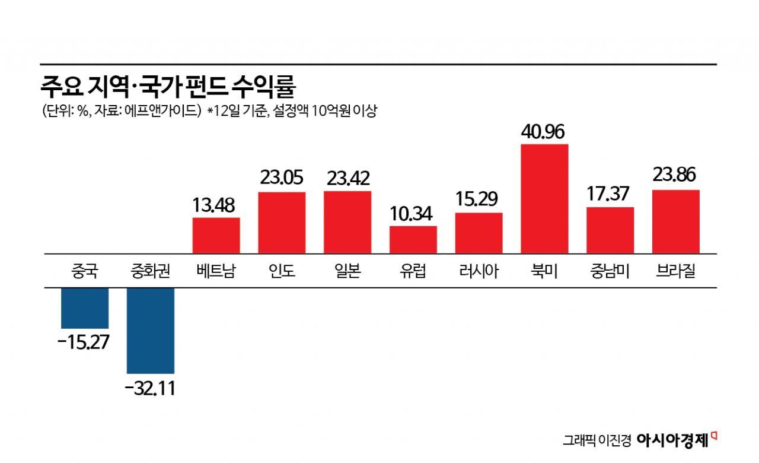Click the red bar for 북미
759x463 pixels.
pyautogui.click(x=544, y=199)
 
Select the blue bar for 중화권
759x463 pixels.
pyautogui.click(x=151, y=330)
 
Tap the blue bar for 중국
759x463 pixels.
pyautogui.click(x=85, y=308)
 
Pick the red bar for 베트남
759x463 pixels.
pyautogui.click(x=216, y=236)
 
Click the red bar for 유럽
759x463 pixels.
pyautogui.click(x=413, y=240)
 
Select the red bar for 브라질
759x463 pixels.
pyautogui.click(x=676, y=222)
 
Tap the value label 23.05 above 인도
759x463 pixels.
pyautogui.click(x=282, y=178)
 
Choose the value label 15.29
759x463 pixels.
pyautogui.click(x=479, y=199)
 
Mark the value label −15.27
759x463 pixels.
pyautogui.click(x=85, y=343)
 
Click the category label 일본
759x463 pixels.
pyautogui.click(x=347, y=272)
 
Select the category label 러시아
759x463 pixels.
pyautogui.click(x=479, y=272)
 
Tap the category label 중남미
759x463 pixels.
pyautogui.click(x=610, y=272)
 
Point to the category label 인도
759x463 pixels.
pyautogui.click(x=282, y=272)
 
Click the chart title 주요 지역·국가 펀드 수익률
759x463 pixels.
pyautogui.click(x=168, y=86)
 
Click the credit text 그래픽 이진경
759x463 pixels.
pyautogui.click(x=596, y=440)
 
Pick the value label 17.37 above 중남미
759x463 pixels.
pyautogui.click(x=610, y=194)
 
